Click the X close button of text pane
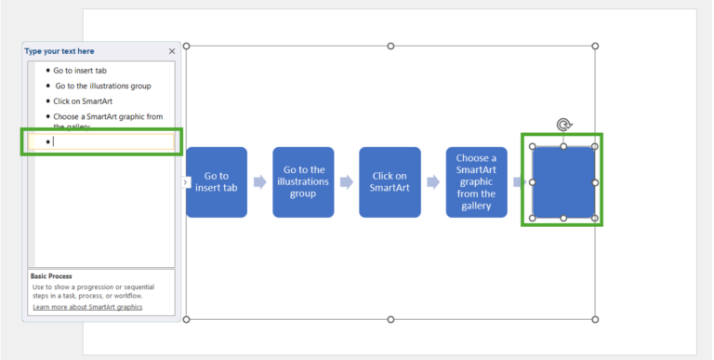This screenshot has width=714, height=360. [x=172, y=51]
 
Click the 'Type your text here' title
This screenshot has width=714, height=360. [x=59, y=51]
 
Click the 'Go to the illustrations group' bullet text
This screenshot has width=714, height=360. [x=101, y=86]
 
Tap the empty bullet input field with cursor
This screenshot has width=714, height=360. [x=102, y=141]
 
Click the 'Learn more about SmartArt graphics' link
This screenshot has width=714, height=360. [x=87, y=307]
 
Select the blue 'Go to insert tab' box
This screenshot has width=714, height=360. [x=217, y=181]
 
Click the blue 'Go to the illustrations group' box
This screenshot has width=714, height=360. [x=303, y=181]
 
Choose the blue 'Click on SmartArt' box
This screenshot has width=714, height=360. [x=390, y=181]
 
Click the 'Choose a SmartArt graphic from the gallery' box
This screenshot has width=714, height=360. [x=476, y=181]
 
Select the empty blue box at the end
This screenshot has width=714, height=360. [x=563, y=182]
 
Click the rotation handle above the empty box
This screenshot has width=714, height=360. [x=563, y=125]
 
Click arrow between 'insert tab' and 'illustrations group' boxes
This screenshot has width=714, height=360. [x=260, y=182]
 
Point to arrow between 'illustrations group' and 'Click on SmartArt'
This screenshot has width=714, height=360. [x=347, y=182]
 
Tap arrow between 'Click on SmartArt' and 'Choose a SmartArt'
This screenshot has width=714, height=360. [x=433, y=182]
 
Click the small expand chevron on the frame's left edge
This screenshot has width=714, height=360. [x=185, y=182]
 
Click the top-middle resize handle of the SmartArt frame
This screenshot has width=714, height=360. [x=390, y=46]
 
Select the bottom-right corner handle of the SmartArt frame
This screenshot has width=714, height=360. [x=595, y=319]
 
